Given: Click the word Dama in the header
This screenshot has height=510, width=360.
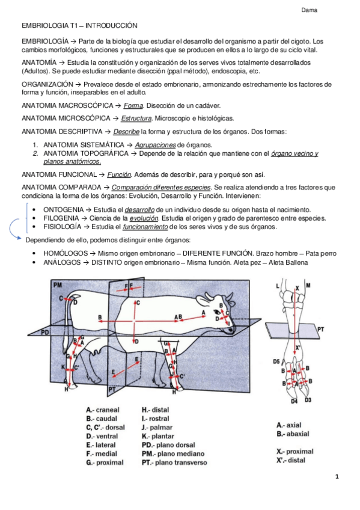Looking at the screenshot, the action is (x=309, y=10).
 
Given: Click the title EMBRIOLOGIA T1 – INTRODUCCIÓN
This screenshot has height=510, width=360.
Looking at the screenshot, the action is (x=79, y=26).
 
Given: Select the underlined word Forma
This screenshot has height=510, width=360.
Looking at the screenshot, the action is (x=133, y=106).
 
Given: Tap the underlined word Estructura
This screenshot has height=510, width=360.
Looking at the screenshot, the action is (x=136, y=118).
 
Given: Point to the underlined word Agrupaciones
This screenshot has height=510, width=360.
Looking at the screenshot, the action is (x=155, y=145).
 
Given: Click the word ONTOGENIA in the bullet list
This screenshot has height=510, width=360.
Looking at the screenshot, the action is (x=63, y=210).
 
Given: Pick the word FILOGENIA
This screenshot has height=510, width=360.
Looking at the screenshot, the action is (x=61, y=218).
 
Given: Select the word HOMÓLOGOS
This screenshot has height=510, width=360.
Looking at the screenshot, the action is (x=66, y=253).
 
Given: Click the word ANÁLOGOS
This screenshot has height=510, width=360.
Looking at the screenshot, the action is (x=62, y=262).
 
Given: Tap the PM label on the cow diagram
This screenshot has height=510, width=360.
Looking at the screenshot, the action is (x=58, y=285).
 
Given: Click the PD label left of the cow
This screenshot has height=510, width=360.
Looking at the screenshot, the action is (x=45, y=333).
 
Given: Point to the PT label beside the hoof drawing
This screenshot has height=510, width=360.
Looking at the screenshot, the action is (x=320, y=330).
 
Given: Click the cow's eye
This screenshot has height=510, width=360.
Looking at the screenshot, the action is (x=217, y=312).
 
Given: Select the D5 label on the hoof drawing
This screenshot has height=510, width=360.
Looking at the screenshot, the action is (x=276, y=361).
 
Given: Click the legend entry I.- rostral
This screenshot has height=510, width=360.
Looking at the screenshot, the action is (x=155, y=419).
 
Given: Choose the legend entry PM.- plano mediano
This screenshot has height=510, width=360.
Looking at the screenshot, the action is (x=173, y=453).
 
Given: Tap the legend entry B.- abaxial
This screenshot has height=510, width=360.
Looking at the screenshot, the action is (x=293, y=434).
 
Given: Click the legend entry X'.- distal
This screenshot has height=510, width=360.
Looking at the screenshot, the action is (x=291, y=460).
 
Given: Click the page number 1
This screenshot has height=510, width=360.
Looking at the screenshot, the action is (x=337, y=477).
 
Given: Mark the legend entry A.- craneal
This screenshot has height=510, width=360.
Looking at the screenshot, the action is (x=103, y=410).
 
